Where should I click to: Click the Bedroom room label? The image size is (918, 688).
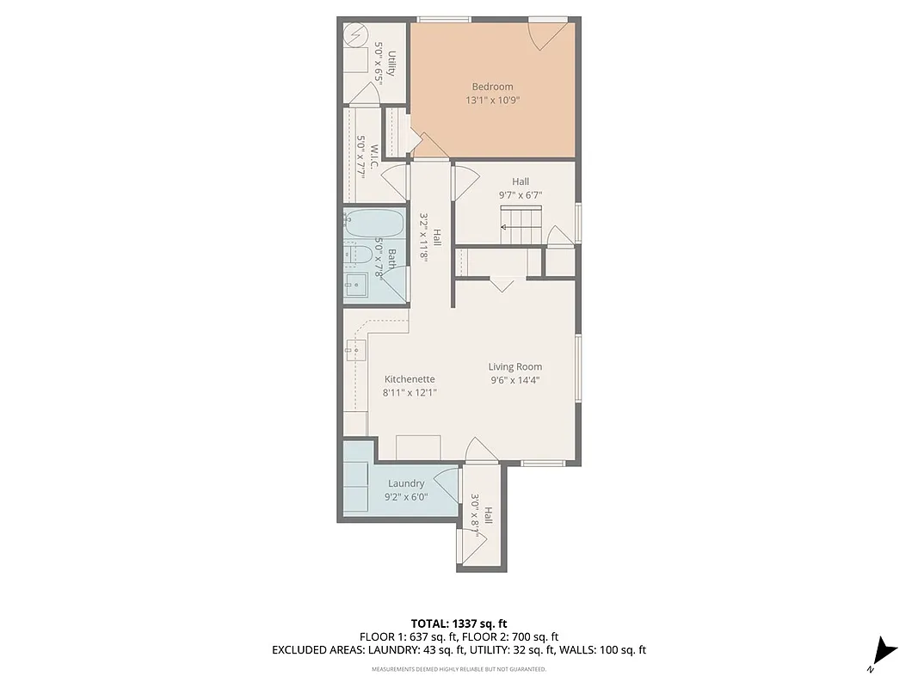(492, 86)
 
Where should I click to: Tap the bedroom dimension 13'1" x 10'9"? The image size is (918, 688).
(492, 101)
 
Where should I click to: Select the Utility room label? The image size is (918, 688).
(391, 64)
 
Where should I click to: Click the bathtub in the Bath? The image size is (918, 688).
(373, 224)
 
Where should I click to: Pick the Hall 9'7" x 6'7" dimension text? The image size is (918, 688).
(520, 195)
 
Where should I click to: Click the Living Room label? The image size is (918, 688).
(514, 367)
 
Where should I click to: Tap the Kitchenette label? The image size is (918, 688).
(409, 379)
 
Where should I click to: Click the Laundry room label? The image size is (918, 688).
(405, 483)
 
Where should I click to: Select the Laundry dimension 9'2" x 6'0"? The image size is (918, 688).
(405, 497)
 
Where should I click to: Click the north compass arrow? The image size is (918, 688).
(884, 653)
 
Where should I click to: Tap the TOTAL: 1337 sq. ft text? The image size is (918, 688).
(458, 623)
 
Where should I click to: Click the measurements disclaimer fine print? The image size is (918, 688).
(458, 669)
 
